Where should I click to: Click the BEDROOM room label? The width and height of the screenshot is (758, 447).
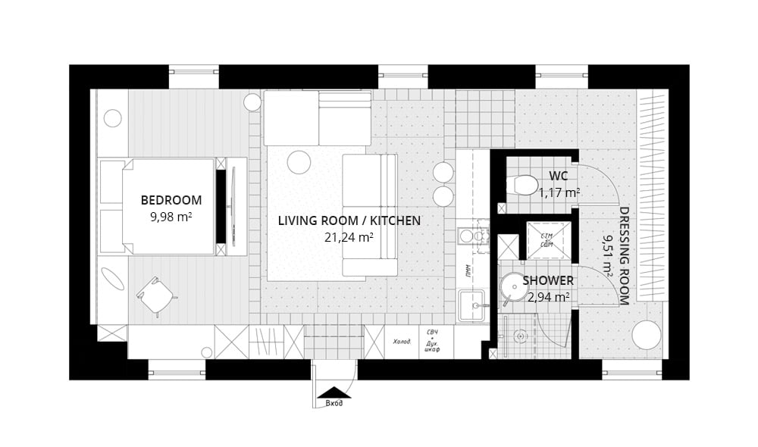[171, 201]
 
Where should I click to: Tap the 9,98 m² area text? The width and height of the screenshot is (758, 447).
[171, 217]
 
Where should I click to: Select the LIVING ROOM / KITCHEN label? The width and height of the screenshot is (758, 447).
[349, 221]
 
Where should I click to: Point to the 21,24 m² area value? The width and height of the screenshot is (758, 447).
[349, 237]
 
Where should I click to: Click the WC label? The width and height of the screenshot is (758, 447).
[559, 177]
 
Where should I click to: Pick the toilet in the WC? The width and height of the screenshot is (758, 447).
[524, 185]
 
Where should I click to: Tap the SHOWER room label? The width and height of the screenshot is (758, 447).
[548, 281]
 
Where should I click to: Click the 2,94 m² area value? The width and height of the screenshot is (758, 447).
[548, 297]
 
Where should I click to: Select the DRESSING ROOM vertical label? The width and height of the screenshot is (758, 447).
[624, 255]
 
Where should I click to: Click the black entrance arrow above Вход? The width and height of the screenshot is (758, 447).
[334, 392]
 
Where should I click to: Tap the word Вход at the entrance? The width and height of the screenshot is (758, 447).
[334, 403]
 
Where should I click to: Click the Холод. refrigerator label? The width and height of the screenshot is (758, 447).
[402, 342]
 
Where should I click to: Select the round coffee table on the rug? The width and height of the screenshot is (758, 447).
[299, 162]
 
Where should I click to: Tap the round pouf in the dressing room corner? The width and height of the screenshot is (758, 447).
[646, 335]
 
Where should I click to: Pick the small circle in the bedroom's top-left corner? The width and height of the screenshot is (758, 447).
[113, 118]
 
